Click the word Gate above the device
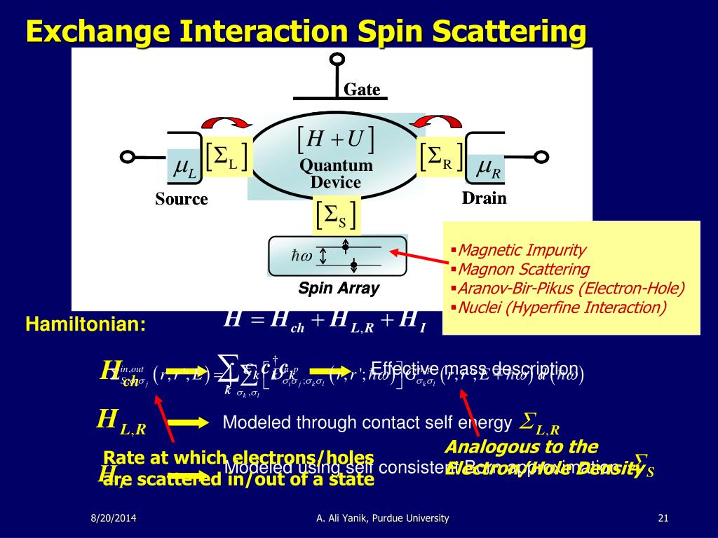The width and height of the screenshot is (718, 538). click(362, 90)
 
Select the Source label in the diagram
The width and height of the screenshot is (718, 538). click(182, 199)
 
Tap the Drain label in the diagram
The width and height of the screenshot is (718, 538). click(484, 198)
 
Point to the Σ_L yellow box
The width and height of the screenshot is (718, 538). click(226, 159)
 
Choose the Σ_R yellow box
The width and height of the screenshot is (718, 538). click(440, 158)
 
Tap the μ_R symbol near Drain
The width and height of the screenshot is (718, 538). click(489, 168)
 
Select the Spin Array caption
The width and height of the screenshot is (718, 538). click(339, 288)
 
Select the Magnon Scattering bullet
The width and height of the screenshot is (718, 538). click(524, 269)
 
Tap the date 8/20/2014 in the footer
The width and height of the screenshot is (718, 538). click(114, 518)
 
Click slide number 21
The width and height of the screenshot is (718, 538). click(663, 518)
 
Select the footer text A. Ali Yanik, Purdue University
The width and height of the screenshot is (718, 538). click(382, 518)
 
